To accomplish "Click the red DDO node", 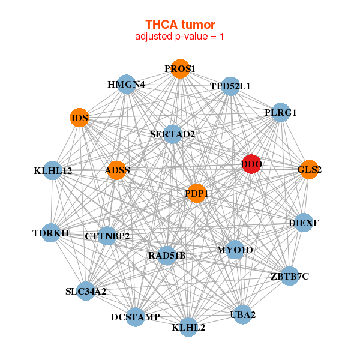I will click(252, 164).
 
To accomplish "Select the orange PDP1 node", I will click(196, 193).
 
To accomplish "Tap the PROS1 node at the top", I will click(180, 68).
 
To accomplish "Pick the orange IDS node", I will click(80, 118).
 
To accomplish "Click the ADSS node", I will click(117, 170).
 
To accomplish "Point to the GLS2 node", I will click(309, 170).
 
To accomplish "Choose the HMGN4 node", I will click(127, 84).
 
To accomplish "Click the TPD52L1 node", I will click(230, 86).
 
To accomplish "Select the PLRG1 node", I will click(281, 112).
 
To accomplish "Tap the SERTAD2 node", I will click(173, 134).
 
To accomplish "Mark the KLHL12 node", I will click(53, 171).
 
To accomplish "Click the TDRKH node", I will click(51, 233).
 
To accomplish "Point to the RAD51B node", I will click(167, 256).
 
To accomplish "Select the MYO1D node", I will click(235, 250).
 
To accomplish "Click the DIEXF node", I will click(304, 223).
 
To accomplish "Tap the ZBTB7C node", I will click(290, 276).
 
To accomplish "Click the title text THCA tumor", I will click(180, 25).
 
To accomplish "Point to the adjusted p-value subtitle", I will click(180, 37).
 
